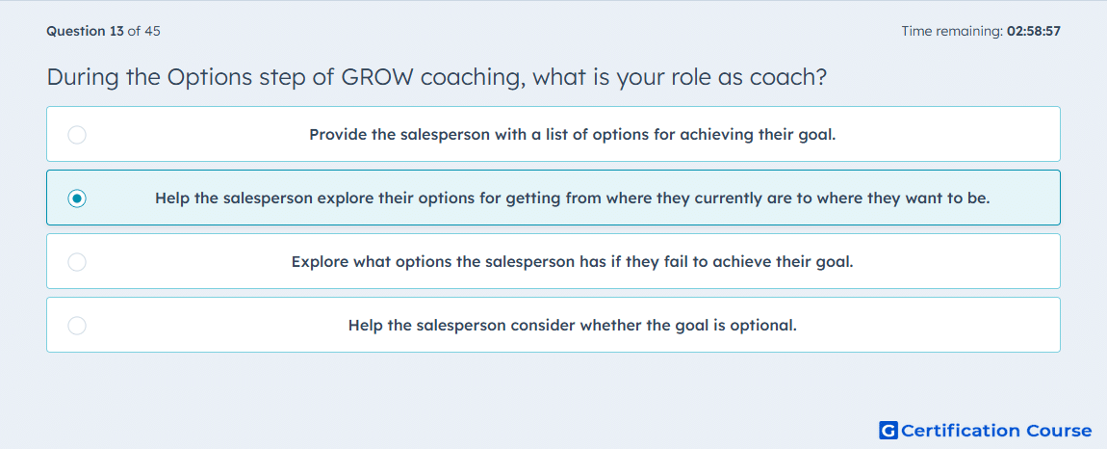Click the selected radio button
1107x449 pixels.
coord(77,198)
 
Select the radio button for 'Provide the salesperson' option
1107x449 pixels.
coord(77,135)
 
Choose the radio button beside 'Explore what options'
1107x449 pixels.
coord(77,262)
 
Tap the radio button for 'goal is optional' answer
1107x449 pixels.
coord(77,326)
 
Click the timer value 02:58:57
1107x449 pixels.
coord(1035,31)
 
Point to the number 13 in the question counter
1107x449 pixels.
coord(117,31)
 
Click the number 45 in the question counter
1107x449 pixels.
coord(152,31)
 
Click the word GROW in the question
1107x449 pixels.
coord(377,78)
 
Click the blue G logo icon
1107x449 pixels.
coord(888,430)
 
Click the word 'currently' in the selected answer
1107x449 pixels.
coord(726,198)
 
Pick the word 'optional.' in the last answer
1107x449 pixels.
coord(765,326)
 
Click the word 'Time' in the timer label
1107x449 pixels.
coord(915,31)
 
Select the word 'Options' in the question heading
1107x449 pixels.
coord(209,78)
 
